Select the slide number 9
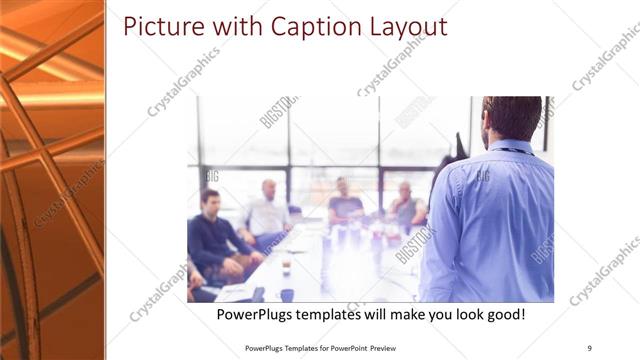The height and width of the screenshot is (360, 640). tap(589, 348)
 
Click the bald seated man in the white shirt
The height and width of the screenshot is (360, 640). tap(266, 213)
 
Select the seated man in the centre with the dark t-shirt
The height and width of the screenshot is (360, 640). tap(344, 202)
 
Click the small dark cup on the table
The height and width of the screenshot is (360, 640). tap(287, 295)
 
